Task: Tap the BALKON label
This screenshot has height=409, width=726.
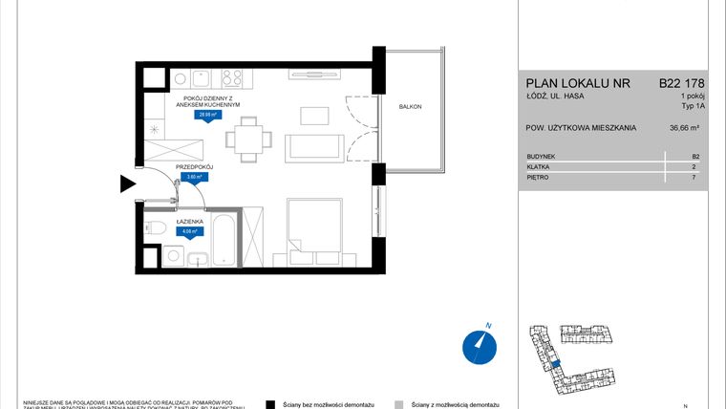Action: (410, 107)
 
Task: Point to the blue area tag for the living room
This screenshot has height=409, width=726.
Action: (205, 115)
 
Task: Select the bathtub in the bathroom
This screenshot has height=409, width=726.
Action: (222, 239)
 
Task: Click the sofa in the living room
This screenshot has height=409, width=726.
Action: (314, 147)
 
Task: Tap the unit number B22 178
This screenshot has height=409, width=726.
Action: (682, 83)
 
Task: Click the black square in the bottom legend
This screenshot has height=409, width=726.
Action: (271, 404)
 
